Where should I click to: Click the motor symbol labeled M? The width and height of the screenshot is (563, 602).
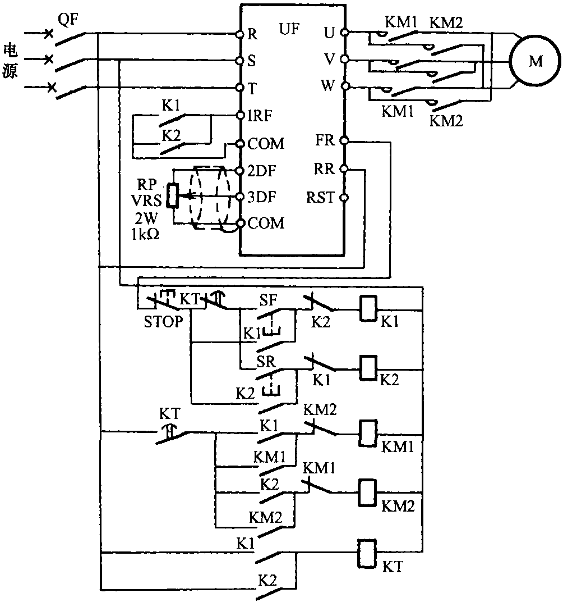(x=536, y=61)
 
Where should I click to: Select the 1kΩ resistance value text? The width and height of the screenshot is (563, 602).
(x=145, y=235)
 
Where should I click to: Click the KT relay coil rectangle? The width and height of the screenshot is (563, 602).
(x=367, y=551)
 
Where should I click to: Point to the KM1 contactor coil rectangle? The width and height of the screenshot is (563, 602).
(x=367, y=432)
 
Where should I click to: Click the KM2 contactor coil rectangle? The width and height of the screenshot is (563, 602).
(x=367, y=492)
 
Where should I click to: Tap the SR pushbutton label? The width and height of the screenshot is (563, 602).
(x=267, y=361)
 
